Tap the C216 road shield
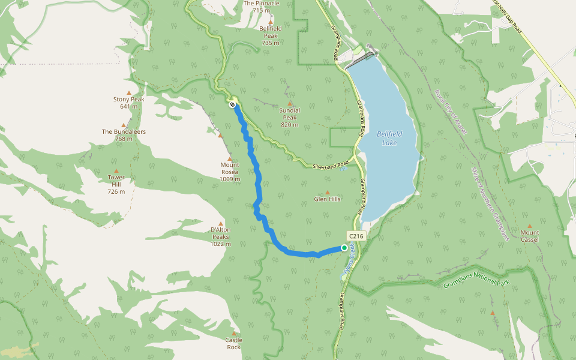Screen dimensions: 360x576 (x=356, y=236)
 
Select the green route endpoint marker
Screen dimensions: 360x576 (x=344, y=247)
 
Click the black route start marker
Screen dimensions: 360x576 (x=232, y=104)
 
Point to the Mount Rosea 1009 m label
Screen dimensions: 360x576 (x=229, y=172)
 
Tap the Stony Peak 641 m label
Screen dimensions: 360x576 (x=128, y=103)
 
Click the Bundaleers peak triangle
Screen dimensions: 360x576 (x=124, y=125)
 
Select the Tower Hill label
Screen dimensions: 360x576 (x=116, y=184)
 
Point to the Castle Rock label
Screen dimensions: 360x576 (x=233, y=343)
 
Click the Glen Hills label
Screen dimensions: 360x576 (x=327, y=199)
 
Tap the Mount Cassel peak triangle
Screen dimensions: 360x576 (x=529, y=226)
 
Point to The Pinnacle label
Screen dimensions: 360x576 (x=262, y=6)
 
